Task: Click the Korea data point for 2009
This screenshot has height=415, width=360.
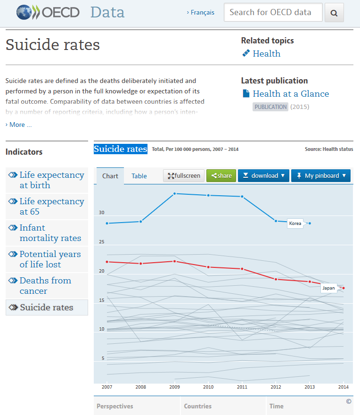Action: click(174, 194)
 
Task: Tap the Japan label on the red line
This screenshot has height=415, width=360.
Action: click(328, 288)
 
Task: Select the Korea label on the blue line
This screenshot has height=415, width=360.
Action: click(295, 224)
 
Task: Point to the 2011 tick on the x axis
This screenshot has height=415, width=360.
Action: click(242, 387)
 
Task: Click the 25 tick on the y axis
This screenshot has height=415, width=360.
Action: click(102, 241)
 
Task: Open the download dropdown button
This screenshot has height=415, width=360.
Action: click(264, 176)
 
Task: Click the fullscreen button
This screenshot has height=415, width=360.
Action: click(184, 176)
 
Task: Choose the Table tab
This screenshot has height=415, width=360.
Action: click(139, 176)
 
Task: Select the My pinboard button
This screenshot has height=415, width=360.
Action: click(321, 176)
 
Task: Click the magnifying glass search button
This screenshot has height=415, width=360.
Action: click(334, 12)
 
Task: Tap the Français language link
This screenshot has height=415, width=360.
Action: click(201, 12)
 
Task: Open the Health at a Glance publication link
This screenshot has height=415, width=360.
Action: click(291, 94)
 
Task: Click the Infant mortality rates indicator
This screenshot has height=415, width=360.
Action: click(47, 233)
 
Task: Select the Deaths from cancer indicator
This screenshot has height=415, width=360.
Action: click(47, 286)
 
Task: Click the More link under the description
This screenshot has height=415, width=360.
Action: click(18, 124)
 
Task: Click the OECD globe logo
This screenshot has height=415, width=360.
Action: click(24, 12)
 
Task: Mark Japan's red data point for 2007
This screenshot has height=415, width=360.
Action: click(107, 262)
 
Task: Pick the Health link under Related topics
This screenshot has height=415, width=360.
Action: click(266, 53)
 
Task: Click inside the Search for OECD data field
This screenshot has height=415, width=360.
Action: click(273, 12)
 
